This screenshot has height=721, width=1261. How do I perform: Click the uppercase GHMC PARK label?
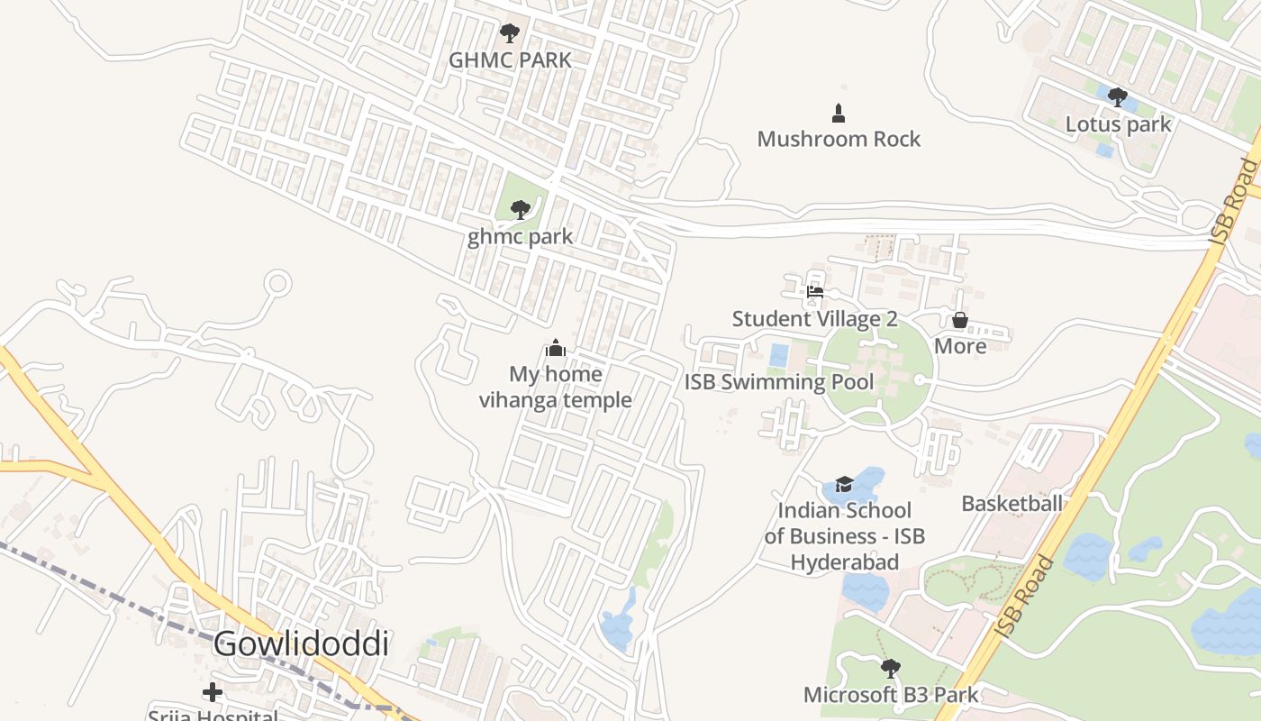coord(510,60)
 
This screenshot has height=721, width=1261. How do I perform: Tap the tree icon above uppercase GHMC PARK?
coord(510,34)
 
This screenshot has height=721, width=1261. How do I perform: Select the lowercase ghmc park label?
coord(520,237)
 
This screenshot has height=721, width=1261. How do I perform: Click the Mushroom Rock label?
coord(839,139)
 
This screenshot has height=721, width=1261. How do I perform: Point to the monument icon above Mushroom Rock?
coord(839,113)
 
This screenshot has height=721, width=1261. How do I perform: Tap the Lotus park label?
coord(1118,123)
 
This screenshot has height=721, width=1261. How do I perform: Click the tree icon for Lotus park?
coord(1118,97)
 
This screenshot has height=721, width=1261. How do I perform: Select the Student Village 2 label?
coord(814,319)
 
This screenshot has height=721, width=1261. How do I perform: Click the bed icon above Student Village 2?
coord(815,292)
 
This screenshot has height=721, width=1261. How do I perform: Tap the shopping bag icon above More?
coord(960,320)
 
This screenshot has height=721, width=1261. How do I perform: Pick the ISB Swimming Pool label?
coord(778,382)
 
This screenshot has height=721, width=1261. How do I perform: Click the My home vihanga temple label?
coord(555,387)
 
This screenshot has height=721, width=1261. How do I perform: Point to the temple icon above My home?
coord(556,348)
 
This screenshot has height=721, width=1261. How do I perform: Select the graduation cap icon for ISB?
coord(844,485)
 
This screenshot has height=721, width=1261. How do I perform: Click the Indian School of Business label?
coord(844,536)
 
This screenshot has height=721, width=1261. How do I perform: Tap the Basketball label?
coord(1012,504)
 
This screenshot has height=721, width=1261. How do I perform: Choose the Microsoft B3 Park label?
coord(890,695)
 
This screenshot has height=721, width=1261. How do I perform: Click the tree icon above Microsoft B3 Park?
coord(890,669)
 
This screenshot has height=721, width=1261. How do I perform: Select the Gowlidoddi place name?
coord(301,644)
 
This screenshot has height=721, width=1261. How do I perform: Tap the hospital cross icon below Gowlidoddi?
coord(213,692)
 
